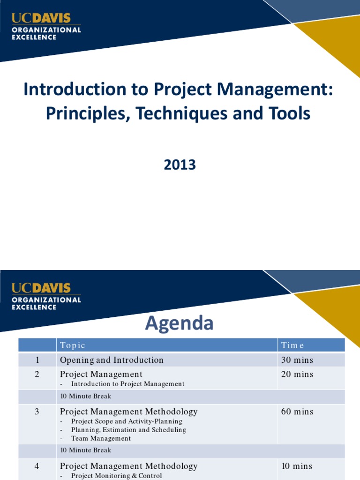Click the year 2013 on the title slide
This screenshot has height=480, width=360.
180,165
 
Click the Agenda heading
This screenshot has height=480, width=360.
180,323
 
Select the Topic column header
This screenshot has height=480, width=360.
72,345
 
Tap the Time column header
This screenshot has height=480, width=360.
292,345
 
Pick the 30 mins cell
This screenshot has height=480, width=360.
297,360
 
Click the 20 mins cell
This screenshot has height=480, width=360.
297,374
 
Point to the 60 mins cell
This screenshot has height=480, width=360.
297,412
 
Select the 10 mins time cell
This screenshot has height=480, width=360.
297,466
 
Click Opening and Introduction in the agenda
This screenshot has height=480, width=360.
112,360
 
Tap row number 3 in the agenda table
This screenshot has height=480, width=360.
37,412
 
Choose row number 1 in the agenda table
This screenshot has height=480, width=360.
37,360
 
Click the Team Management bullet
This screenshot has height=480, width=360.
101,438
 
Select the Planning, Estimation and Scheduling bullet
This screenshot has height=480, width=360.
128,429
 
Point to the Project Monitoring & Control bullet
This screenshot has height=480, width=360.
116,475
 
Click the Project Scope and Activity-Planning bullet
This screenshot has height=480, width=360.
127,421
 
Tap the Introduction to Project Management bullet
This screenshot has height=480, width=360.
127,383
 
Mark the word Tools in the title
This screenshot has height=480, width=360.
291,113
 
